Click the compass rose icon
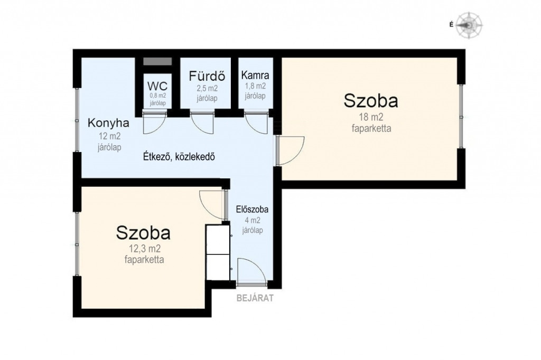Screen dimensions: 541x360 pyautogui.click(x=469, y=25)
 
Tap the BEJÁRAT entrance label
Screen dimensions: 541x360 pyautogui.click(x=255, y=298)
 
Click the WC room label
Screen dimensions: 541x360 pyautogui.click(x=157, y=86)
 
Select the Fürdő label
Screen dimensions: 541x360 pyautogui.click(x=207, y=76)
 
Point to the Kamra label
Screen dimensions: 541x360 pyautogui.click(x=255, y=75)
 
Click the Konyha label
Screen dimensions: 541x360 pyautogui.click(x=109, y=123)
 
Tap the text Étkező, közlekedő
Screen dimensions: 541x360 pyautogui.click(x=179, y=157)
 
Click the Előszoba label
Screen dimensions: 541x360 pyautogui.click(x=252, y=209)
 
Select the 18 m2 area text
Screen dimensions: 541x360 pyautogui.click(x=371, y=117)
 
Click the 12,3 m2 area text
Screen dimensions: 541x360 pyautogui.click(x=145, y=248)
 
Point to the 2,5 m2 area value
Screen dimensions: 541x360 pyautogui.click(x=207, y=89)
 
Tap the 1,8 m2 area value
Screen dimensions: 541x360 pyautogui.click(x=255, y=86)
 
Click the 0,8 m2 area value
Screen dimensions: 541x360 pyautogui.click(x=157, y=96)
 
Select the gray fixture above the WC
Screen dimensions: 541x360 pyautogui.click(x=157, y=61)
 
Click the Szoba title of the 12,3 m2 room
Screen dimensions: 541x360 pyautogui.click(x=143, y=233)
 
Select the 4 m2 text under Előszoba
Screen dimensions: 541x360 pyautogui.click(x=253, y=220)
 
